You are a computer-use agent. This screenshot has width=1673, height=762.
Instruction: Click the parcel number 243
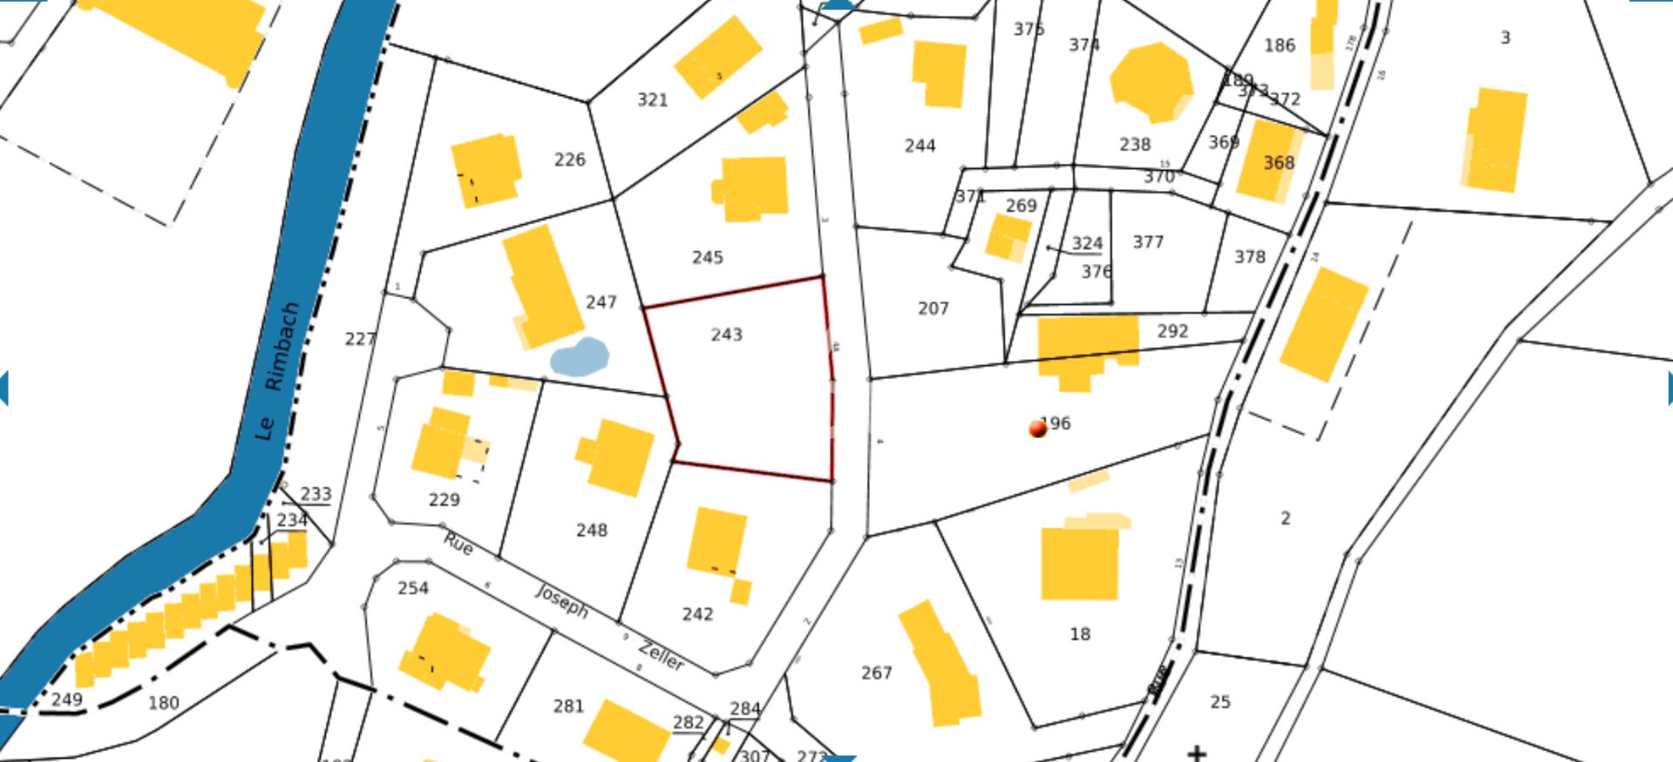726,335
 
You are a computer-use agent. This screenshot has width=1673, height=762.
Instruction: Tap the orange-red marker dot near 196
1037,428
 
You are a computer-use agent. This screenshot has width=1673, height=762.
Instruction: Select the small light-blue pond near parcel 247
579,357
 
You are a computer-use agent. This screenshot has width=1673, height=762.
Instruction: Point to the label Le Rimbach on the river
278,370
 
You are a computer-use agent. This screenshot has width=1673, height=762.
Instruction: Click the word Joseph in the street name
562,601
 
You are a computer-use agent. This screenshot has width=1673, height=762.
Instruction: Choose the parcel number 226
570,160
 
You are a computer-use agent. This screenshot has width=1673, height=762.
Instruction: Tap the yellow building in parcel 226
486,170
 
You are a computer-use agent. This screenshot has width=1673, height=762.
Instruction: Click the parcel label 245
707,257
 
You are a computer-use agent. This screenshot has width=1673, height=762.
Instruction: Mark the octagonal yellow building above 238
1151,82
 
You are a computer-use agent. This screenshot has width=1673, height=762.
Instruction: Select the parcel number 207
932,309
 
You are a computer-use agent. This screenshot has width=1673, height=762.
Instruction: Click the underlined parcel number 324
1087,243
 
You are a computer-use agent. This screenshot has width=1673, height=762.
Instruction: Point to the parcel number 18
1080,634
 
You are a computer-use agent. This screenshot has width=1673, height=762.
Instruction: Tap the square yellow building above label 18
1080,563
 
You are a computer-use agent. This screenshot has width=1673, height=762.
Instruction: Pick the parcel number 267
877,673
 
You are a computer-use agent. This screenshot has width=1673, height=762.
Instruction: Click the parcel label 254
413,589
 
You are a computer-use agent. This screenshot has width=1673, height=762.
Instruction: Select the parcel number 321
652,100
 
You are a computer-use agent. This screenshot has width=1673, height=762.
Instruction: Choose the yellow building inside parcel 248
617,457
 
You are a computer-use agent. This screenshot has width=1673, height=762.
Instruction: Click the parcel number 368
1278,163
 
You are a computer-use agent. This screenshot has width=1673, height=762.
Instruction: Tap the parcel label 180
163,703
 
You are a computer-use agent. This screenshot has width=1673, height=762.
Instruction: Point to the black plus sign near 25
1197,752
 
